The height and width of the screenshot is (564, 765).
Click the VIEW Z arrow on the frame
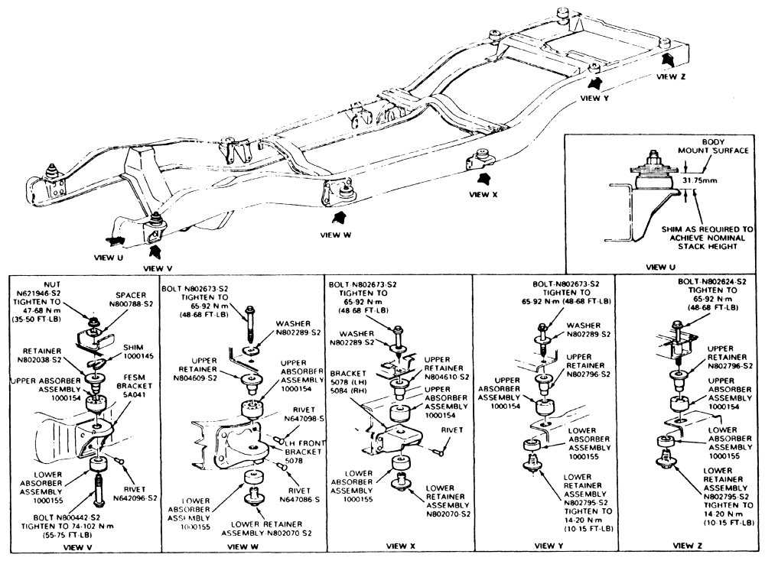pos(668,59)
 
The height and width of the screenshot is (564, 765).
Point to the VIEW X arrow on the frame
pos(483,179)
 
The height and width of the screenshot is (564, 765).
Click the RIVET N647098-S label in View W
pos(288,416)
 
